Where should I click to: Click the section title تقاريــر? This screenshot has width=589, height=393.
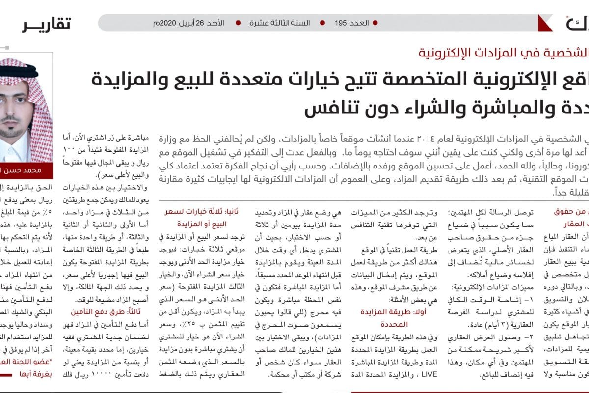coord(46,23)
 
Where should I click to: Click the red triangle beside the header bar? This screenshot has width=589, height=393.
coord(544,23)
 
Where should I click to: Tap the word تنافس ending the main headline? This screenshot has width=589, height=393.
coord(326,109)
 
